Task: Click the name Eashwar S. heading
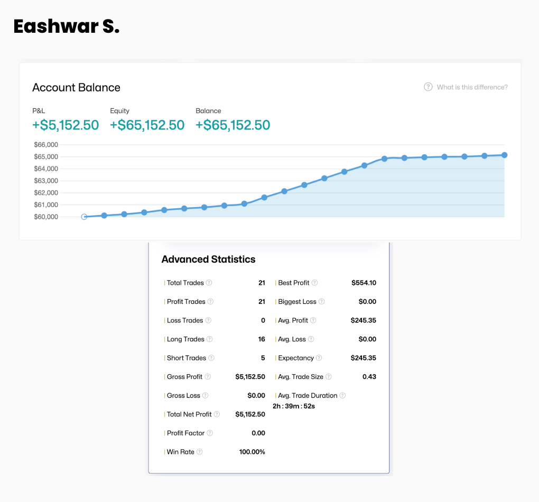tap(67, 26)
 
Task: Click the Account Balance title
tap(76, 88)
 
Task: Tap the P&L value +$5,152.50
tap(66, 125)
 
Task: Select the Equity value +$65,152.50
tap(147, 125)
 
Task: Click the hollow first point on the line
tap(84, 217)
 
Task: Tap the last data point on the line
tap(504, 155)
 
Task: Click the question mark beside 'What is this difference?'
tap(428, 87)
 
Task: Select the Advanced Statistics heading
tap(208, 259)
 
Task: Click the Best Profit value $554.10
tap(364, 283)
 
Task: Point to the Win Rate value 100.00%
tap(252, 452)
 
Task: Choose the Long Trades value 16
tap(262, 339)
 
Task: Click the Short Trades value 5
tap(263, 358)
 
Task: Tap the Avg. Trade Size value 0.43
tap(369, 377)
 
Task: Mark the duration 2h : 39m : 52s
tap(294, 406)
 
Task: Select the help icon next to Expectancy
tap(319, 358)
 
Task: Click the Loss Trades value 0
tap(263, 320)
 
